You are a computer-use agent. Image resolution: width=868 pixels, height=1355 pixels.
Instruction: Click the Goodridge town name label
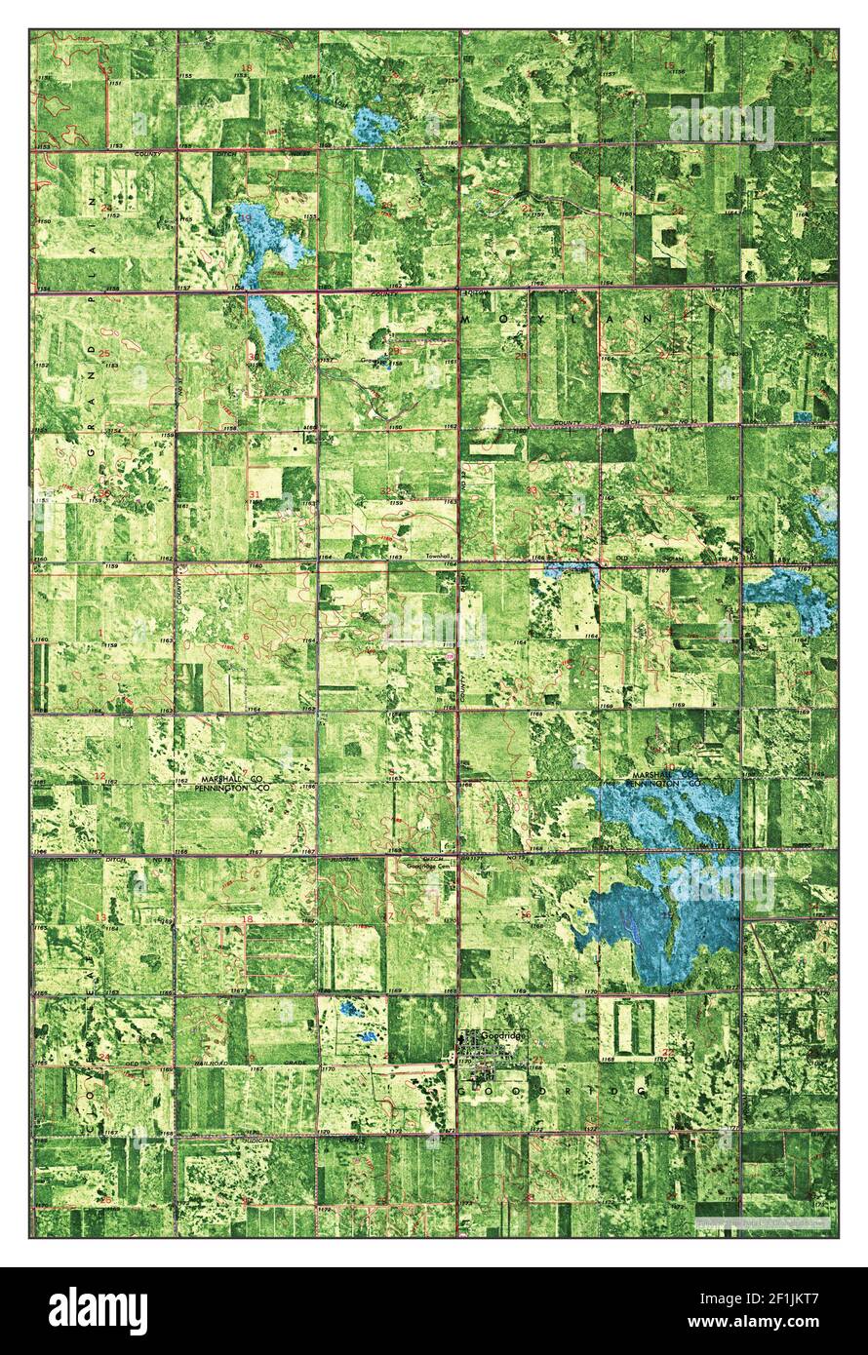click(504, 1037)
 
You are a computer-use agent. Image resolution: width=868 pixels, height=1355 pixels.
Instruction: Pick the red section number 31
click(255, 495)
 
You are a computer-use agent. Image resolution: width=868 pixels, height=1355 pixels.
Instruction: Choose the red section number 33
click(532, 489)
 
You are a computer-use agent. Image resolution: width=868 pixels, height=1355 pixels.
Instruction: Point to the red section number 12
click(99, 776)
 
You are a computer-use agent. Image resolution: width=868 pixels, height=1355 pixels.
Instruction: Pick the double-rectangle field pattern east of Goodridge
click(634, 1027)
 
